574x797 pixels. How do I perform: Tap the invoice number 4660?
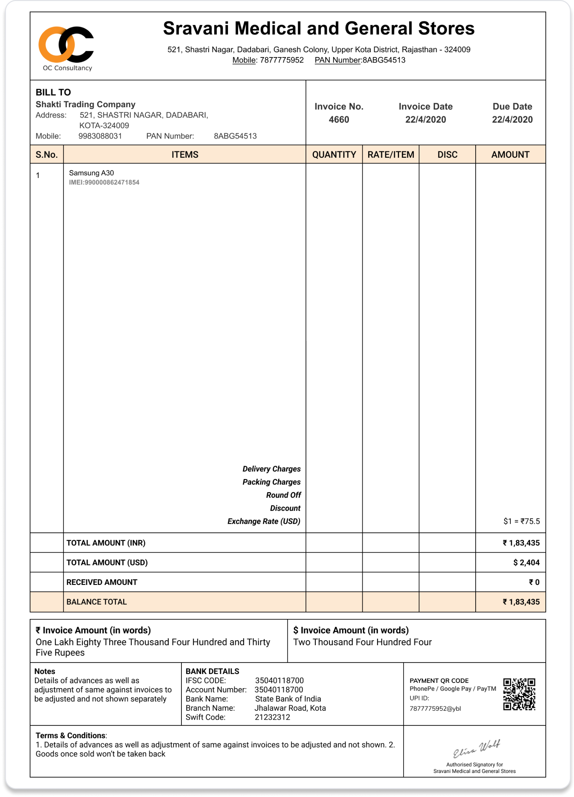(339, 120)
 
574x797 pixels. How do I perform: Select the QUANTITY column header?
(334, 155)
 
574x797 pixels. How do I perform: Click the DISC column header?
(447, 155)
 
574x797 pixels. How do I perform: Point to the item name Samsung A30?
(91, 173)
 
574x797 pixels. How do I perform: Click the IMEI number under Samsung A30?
(104, 182)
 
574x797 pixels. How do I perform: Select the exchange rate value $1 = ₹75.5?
(521, 521)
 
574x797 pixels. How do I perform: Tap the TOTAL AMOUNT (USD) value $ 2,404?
(526, 563)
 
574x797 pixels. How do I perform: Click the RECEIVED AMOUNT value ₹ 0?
(534, 582)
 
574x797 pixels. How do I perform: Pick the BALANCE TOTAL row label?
(97, 602)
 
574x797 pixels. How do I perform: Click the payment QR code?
(519, 694)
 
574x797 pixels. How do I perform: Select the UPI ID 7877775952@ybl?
(435, 708)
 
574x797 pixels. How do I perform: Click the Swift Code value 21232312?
(273, 717)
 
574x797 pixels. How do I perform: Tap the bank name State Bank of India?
(288, 699)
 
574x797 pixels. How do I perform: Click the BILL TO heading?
(53, 92)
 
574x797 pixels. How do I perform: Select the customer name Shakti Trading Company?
(86, 104)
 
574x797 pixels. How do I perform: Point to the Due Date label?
(512, 107)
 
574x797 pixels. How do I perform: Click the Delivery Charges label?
(271, 469)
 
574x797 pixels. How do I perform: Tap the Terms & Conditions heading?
(71, 735)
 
